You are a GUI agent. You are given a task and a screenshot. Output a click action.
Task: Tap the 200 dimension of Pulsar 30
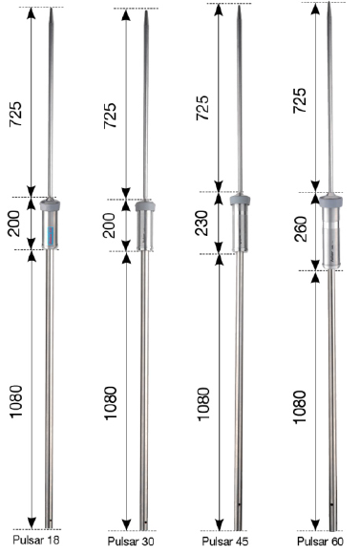pyautogui.click(x=112, y=225)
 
